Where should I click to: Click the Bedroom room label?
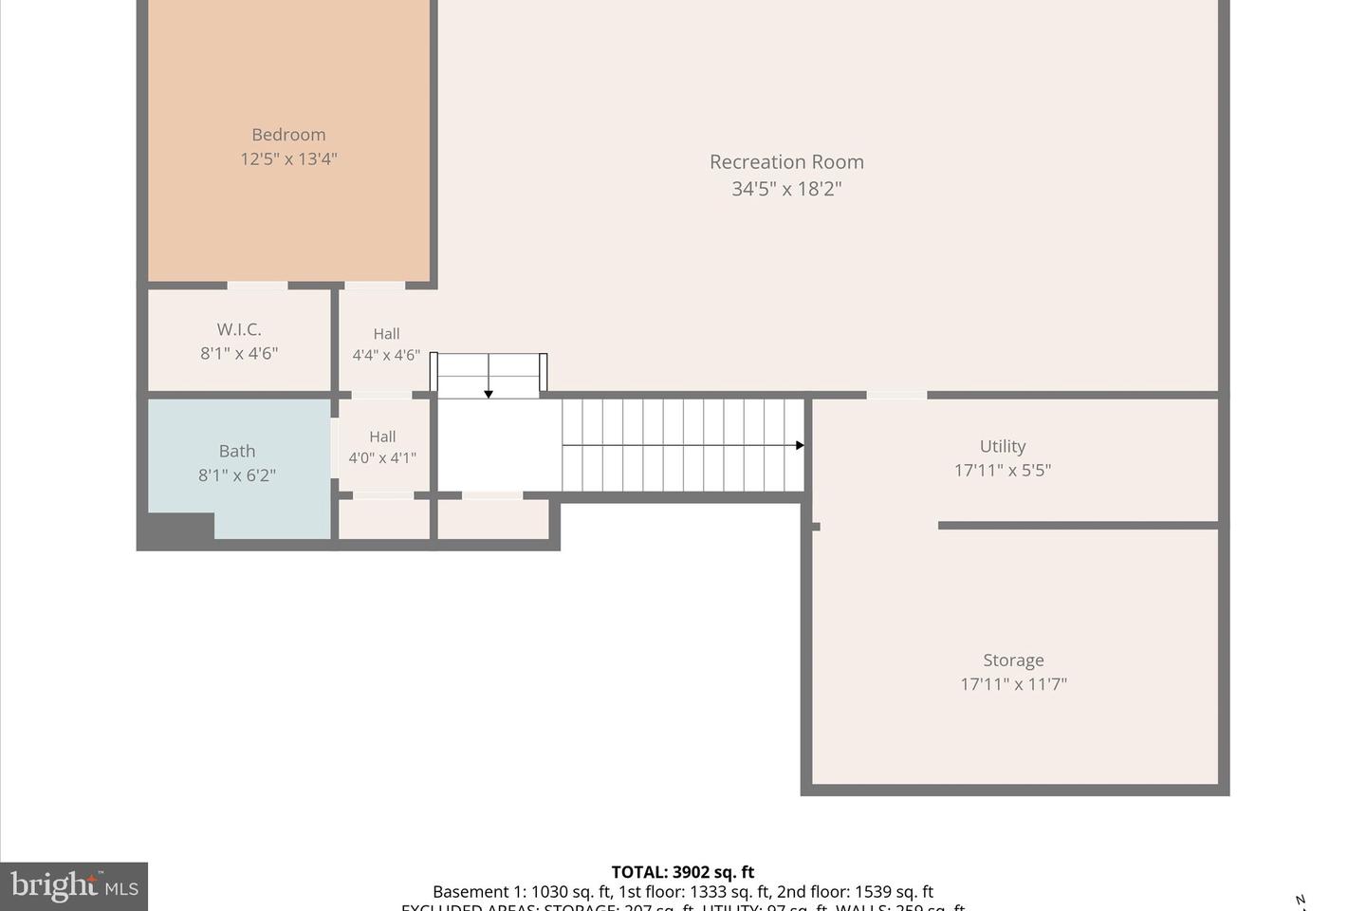pos(288,135)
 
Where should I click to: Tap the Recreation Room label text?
pos(786,162)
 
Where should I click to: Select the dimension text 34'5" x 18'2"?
pos(786,189)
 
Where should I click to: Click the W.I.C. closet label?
pos(239,329)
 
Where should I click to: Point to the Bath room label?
pos(237,451)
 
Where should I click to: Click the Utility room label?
pos(1003,446)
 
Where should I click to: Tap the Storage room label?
pos(1013,660)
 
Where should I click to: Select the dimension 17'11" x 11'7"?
pos(1013,684)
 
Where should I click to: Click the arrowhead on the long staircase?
pos(800,445)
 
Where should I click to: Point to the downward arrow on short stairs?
pos(489,392)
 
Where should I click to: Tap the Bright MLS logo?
pos(74,886)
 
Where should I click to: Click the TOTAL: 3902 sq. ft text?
pos(683,872)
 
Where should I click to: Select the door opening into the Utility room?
pos(896,395)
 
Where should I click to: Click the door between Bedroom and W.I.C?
pos(257,285)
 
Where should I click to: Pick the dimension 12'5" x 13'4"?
pos(288,159)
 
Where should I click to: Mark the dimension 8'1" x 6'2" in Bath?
pos(237,475)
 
